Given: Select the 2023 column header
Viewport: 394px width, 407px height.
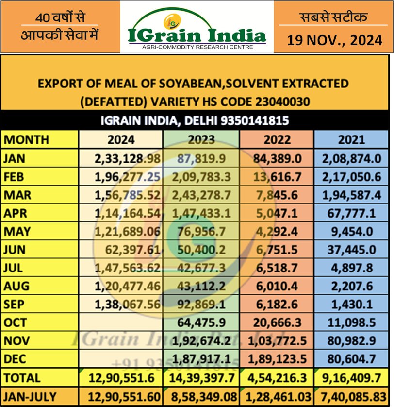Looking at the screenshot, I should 201,140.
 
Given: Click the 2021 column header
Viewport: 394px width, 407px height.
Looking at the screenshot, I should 351,140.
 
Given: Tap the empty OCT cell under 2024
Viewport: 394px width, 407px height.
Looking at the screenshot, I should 121,323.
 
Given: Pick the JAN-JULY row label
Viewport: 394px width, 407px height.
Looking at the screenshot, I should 30,397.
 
